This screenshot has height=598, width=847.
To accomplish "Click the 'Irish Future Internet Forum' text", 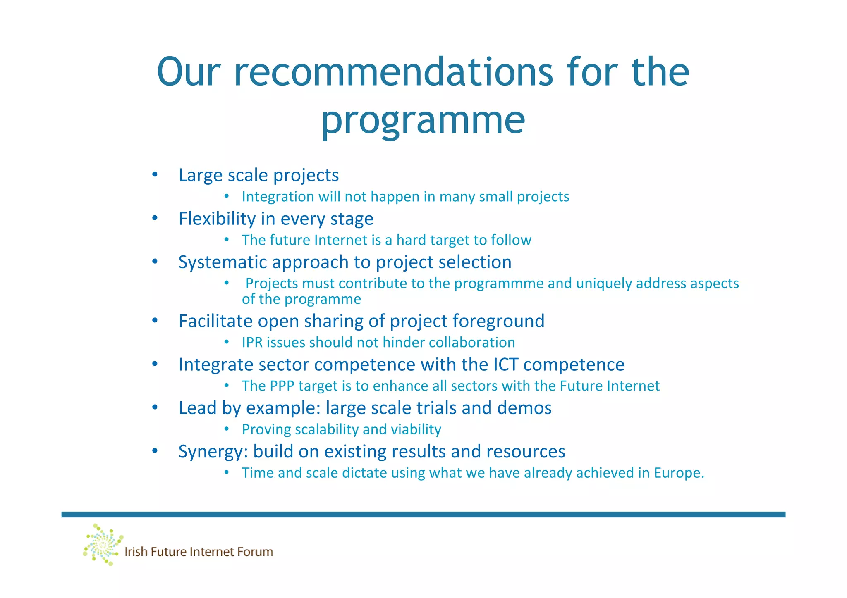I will [199, 552].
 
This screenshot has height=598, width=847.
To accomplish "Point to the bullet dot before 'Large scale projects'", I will [155, 174].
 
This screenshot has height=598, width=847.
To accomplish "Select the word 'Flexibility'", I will [217, 219].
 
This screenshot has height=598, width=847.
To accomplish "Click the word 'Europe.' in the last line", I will [679, 473].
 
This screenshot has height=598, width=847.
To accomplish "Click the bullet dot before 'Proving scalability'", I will [226, 429].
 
